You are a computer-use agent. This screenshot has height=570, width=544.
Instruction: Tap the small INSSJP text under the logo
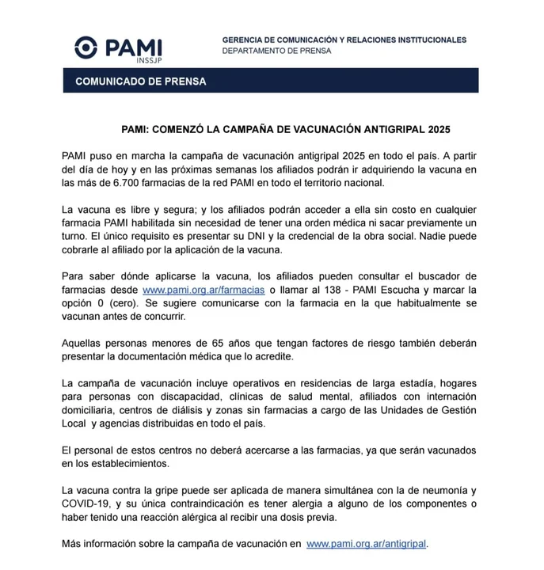pyautogui.click(x=148, y=60)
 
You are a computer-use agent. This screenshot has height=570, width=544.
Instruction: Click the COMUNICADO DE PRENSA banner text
pyautogui.click(x=140, y=82)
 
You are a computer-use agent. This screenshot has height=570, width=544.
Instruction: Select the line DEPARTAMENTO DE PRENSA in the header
pyautogui.click(x=276, y=51)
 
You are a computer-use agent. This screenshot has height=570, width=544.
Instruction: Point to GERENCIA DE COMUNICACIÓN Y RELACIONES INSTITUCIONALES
pyautogui.click(x=344, y=40)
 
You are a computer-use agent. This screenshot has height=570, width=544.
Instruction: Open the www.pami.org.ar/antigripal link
pyautogui.click(x=367, y=544)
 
